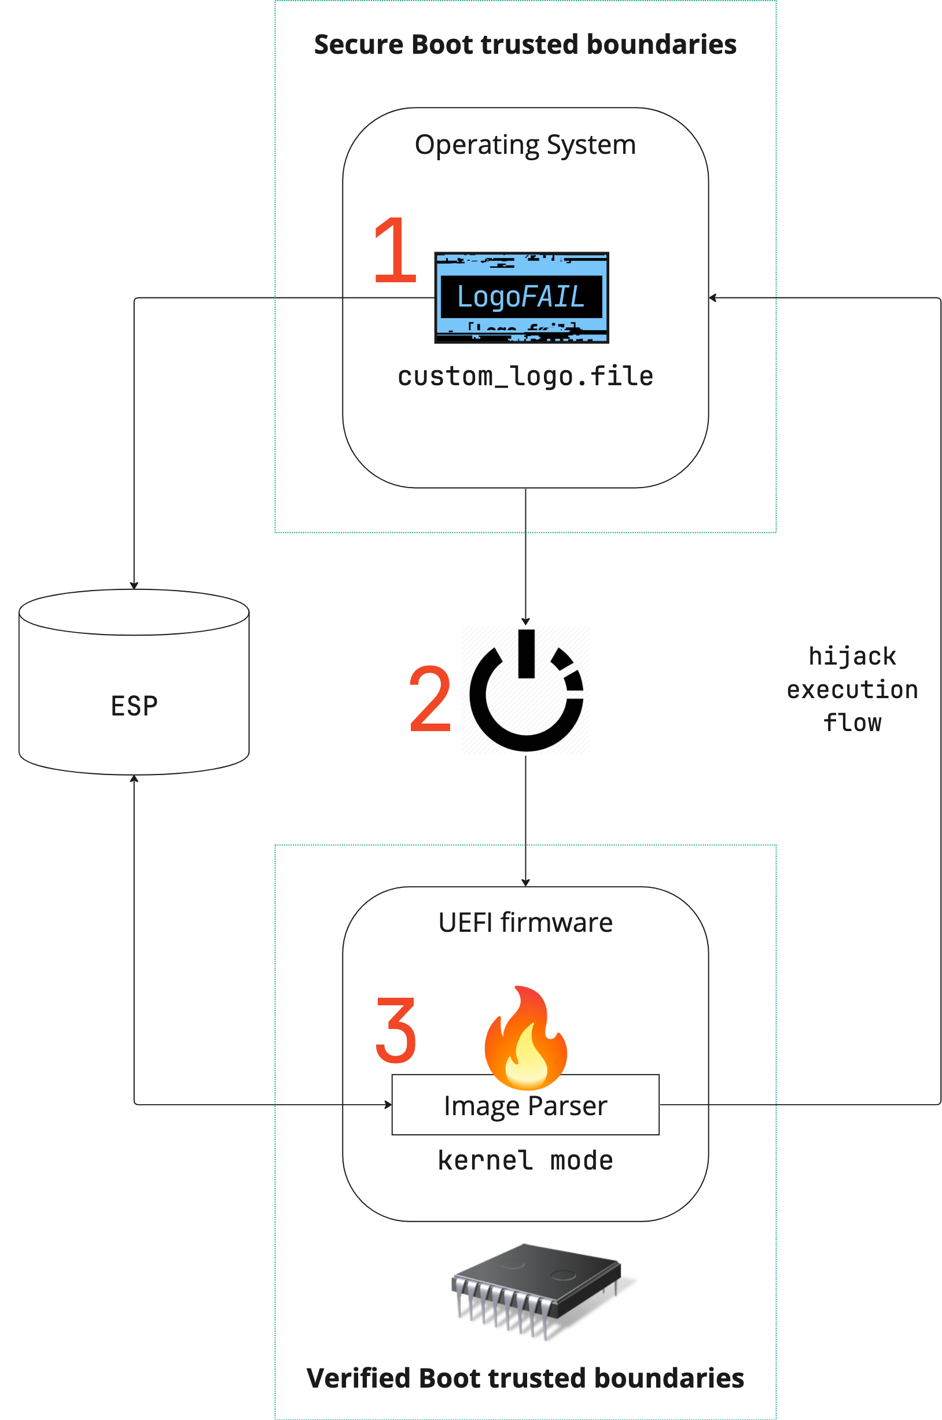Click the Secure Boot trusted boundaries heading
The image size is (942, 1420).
[525, 45]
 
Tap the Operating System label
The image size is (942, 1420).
[525, 145]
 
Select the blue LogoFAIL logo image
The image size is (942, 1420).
[521, 298]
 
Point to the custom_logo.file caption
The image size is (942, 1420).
[525, 377]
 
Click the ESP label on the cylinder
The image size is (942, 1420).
[134, 706]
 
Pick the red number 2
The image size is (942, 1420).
[430, 698]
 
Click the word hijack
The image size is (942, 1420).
[852, 656]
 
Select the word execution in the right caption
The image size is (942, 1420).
[852, 690]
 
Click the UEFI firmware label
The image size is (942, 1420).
[525, 923]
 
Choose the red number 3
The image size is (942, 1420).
[396, 1030]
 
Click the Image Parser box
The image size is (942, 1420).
[525, 1105]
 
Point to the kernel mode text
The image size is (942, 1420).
[525, 1160]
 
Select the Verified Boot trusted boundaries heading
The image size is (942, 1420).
[525, 1378]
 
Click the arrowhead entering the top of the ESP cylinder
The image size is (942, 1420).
[134, 585]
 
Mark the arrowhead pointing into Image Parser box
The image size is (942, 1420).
[388, 1104]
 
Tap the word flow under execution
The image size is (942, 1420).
[852, 723]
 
